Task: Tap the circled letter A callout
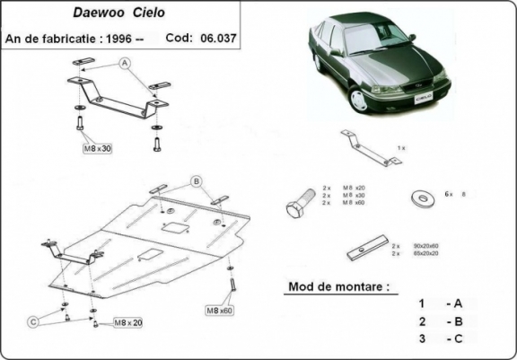tap(125, 62)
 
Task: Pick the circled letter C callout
tap(33, 320)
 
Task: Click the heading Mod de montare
tap(339, 287)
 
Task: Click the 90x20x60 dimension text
tap(424, 245)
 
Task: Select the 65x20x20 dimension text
tap(424, 253)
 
